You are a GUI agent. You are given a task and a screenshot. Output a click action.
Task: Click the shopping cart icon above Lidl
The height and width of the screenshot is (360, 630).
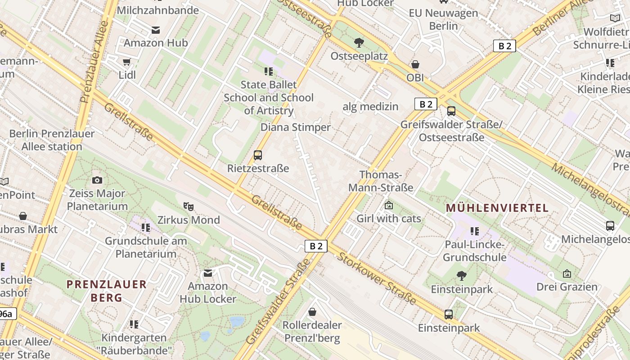tap(127, 62)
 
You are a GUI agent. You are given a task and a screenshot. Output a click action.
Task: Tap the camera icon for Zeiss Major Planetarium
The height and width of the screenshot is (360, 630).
tap(97, 180)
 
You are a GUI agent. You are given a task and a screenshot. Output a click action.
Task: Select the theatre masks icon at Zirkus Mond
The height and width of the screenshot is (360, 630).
tap(189, 207)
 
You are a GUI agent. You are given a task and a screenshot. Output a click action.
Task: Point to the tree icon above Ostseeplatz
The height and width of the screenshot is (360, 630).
tap(359, 43)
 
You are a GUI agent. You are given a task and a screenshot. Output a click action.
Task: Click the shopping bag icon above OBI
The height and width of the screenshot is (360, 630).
tap(415, 64)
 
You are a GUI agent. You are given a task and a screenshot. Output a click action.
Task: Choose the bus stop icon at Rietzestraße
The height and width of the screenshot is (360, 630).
tap(258, 155)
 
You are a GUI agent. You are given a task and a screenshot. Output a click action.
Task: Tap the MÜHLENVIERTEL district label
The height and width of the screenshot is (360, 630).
tap(497, 208)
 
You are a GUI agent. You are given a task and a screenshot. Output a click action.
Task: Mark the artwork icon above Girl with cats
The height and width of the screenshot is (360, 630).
tap(389, 206)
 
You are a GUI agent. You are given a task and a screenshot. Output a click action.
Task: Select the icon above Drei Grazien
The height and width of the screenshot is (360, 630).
tap(567, 274)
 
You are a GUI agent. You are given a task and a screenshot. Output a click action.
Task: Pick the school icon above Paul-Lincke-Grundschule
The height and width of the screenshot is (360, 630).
tap(475, 231)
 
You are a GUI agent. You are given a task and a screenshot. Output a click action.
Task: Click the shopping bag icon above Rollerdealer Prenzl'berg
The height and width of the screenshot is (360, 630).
tap(312, 312)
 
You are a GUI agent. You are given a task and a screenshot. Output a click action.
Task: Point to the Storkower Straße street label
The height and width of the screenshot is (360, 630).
tap(377, 278)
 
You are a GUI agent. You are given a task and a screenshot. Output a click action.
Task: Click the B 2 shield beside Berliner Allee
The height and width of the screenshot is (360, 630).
tap(504, 46)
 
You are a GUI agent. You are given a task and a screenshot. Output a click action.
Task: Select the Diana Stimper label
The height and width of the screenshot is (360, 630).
tap(296, 127)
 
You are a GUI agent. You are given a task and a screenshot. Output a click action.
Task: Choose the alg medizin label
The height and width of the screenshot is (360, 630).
tap(370, 107)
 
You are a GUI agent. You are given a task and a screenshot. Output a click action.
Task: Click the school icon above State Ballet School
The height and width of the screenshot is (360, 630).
tap(269, 71)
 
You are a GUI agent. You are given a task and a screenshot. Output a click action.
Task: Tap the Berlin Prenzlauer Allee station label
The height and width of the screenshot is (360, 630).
tap(52, 140)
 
